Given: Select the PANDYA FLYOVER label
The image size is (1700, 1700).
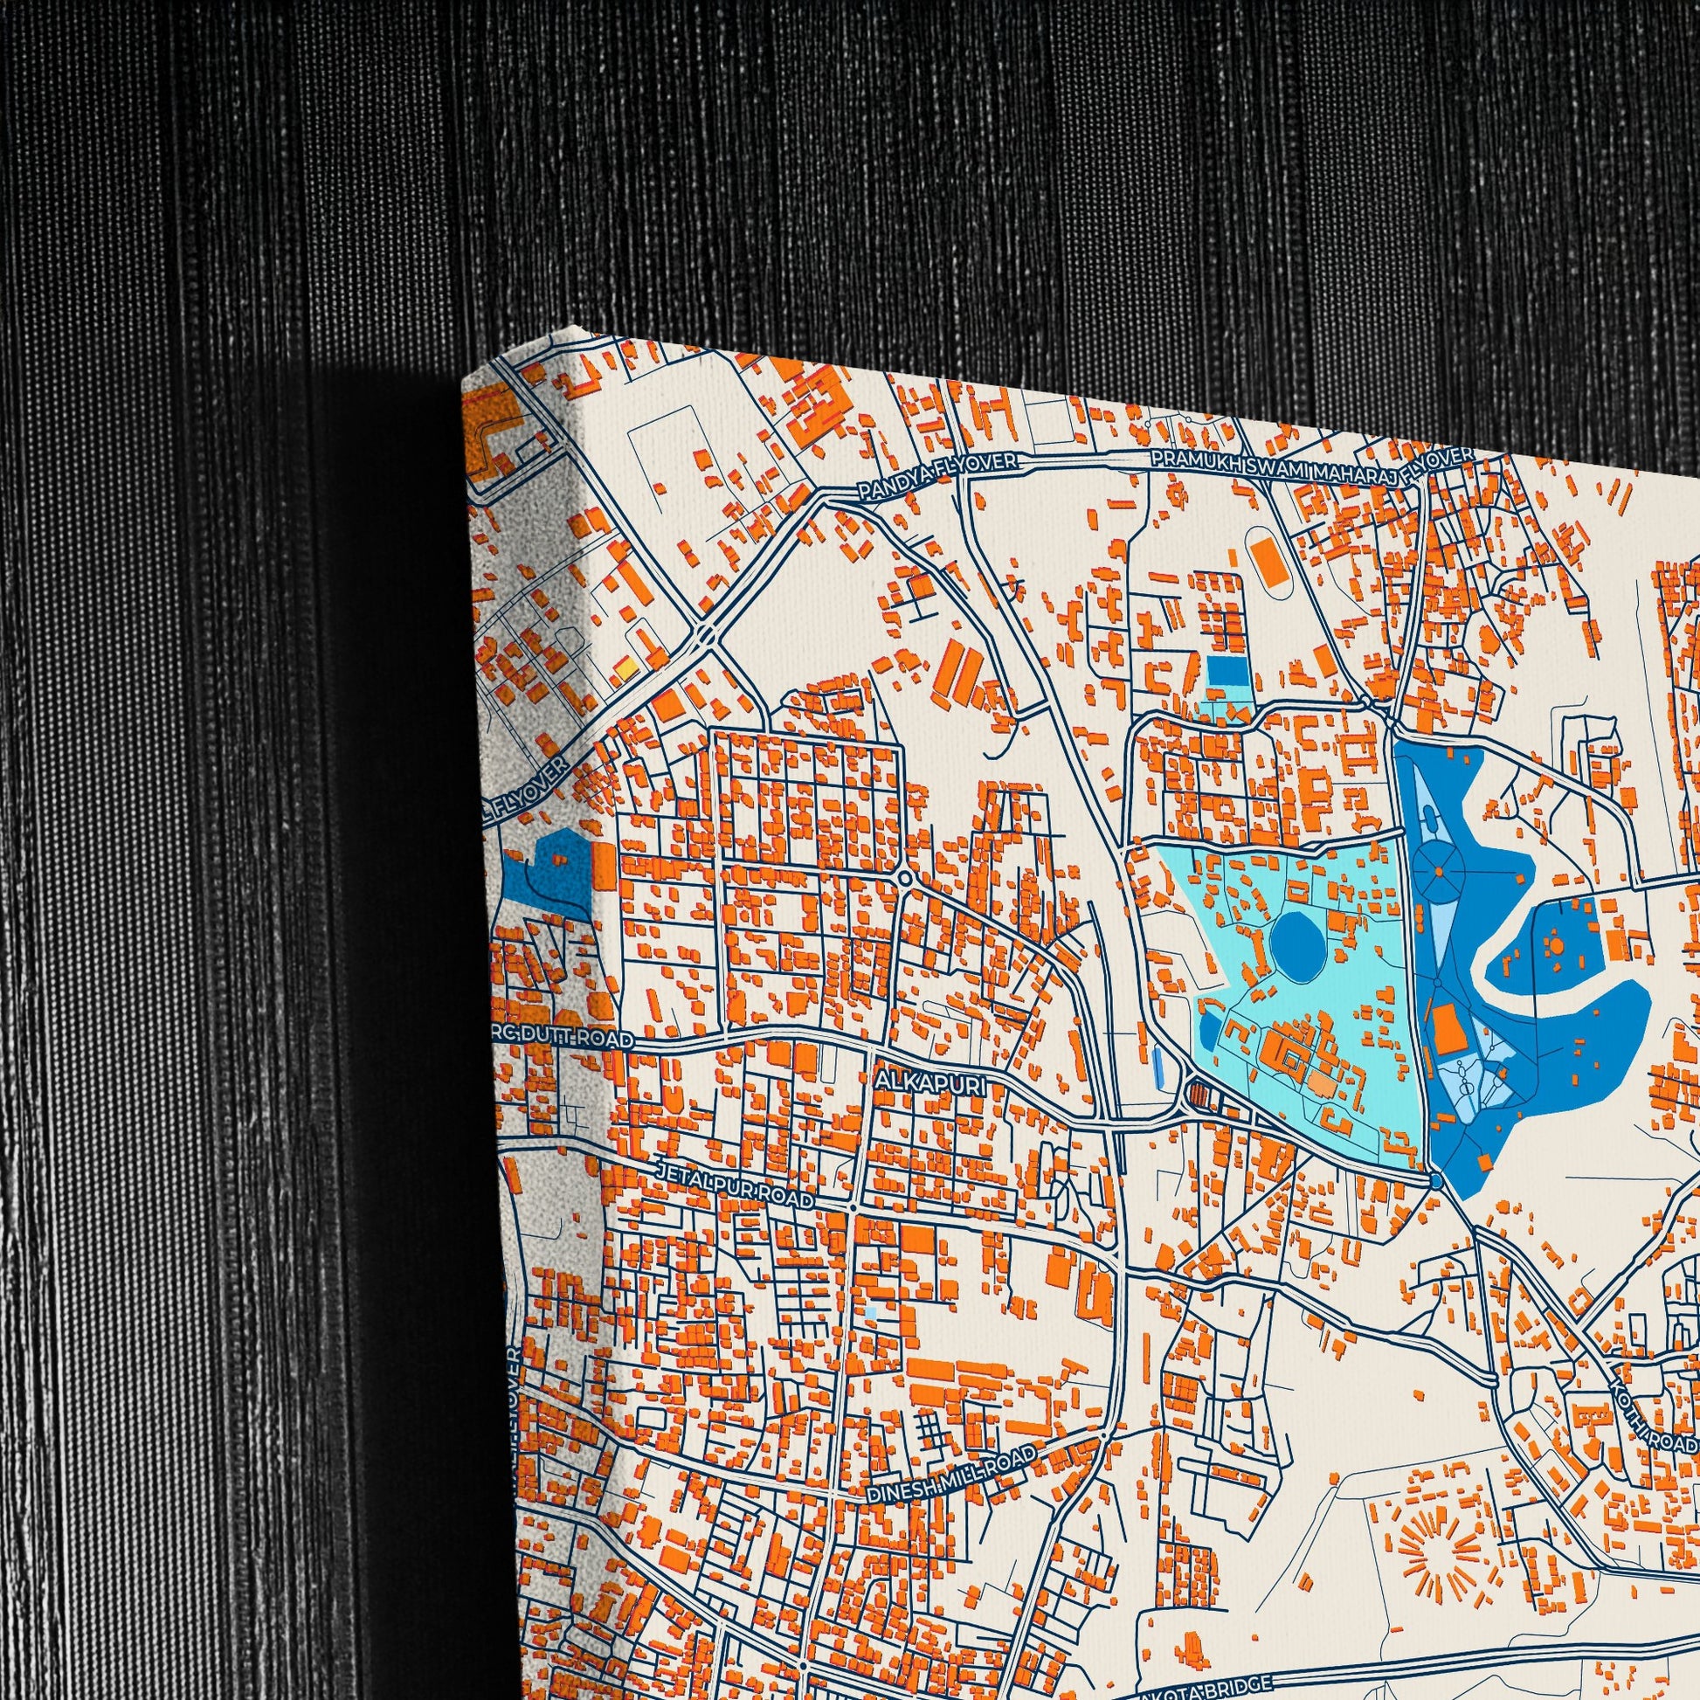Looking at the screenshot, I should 936,477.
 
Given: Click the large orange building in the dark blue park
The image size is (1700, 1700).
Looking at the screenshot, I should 1446,1029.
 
